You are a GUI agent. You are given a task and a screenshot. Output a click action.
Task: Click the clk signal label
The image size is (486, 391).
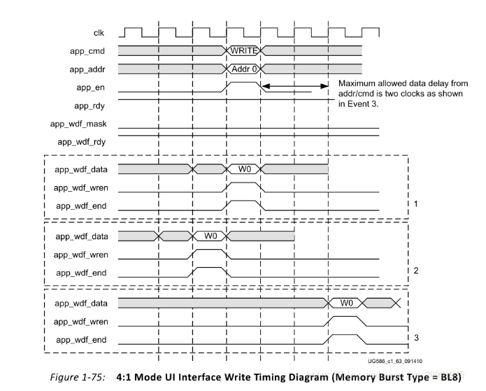tap(99, 33)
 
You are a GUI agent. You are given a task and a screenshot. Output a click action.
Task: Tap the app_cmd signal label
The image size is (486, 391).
tap(87, 51)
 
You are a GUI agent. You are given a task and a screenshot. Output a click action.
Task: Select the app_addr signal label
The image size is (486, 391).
tap(86, 69)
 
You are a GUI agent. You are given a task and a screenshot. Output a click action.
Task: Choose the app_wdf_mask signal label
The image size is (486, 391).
tap(77, 125)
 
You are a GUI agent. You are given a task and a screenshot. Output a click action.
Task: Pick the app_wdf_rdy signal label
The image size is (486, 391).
tap(80, 142)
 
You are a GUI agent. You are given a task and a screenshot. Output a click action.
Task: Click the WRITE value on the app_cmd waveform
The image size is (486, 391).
tap(244, 51)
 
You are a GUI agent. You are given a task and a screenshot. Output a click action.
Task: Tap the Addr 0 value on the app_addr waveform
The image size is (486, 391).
tap(244, 69)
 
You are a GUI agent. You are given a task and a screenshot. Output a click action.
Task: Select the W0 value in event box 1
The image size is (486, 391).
tap(244, 169)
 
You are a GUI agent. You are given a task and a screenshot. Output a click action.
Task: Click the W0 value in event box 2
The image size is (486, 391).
tap(210, 236)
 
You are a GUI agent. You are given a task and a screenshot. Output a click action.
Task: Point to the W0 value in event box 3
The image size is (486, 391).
tap(346, 303)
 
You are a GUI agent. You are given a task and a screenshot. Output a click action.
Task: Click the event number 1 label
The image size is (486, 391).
tap(415, 204)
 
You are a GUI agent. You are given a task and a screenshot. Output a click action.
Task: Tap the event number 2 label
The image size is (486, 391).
tap(415, 271)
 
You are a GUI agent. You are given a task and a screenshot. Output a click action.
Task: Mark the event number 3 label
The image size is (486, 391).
tap(415, 338)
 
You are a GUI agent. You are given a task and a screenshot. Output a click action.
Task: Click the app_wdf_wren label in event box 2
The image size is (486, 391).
tap(80, 255)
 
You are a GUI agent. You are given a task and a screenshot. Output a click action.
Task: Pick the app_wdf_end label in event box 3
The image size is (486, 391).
tap(81, 340)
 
